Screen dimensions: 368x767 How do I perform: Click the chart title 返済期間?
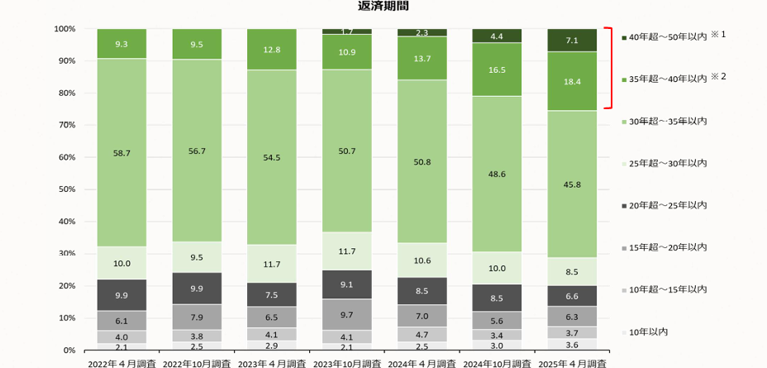tap(383, 7)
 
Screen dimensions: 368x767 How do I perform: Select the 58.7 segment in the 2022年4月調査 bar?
tap(121, 153)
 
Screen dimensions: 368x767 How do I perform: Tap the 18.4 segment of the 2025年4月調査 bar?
tap(572, 81)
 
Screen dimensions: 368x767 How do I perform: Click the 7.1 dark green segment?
tap(572, 40)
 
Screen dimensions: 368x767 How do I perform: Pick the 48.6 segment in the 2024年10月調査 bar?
tap(497, 174)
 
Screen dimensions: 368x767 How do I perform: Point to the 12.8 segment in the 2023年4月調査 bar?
tap(272, 50)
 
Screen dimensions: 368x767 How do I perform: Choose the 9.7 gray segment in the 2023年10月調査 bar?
tap(347, 315)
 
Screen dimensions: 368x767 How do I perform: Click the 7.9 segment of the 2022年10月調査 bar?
tap(197, 317)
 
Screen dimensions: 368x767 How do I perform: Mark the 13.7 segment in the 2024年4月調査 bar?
tap(422, 59)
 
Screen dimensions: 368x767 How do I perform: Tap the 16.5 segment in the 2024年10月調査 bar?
tap(497, 70)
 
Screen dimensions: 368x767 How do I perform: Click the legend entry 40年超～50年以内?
tap(667, 37)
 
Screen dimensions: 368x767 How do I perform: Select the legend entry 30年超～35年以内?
tap(667, 122)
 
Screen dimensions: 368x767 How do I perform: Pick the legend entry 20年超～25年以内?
tap(667, 205)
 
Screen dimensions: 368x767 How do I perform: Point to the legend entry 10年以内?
tap(648, 332)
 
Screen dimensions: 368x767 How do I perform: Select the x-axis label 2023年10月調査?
tap(347, 363)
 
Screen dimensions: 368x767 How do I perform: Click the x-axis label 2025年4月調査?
tap(572, 363)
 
